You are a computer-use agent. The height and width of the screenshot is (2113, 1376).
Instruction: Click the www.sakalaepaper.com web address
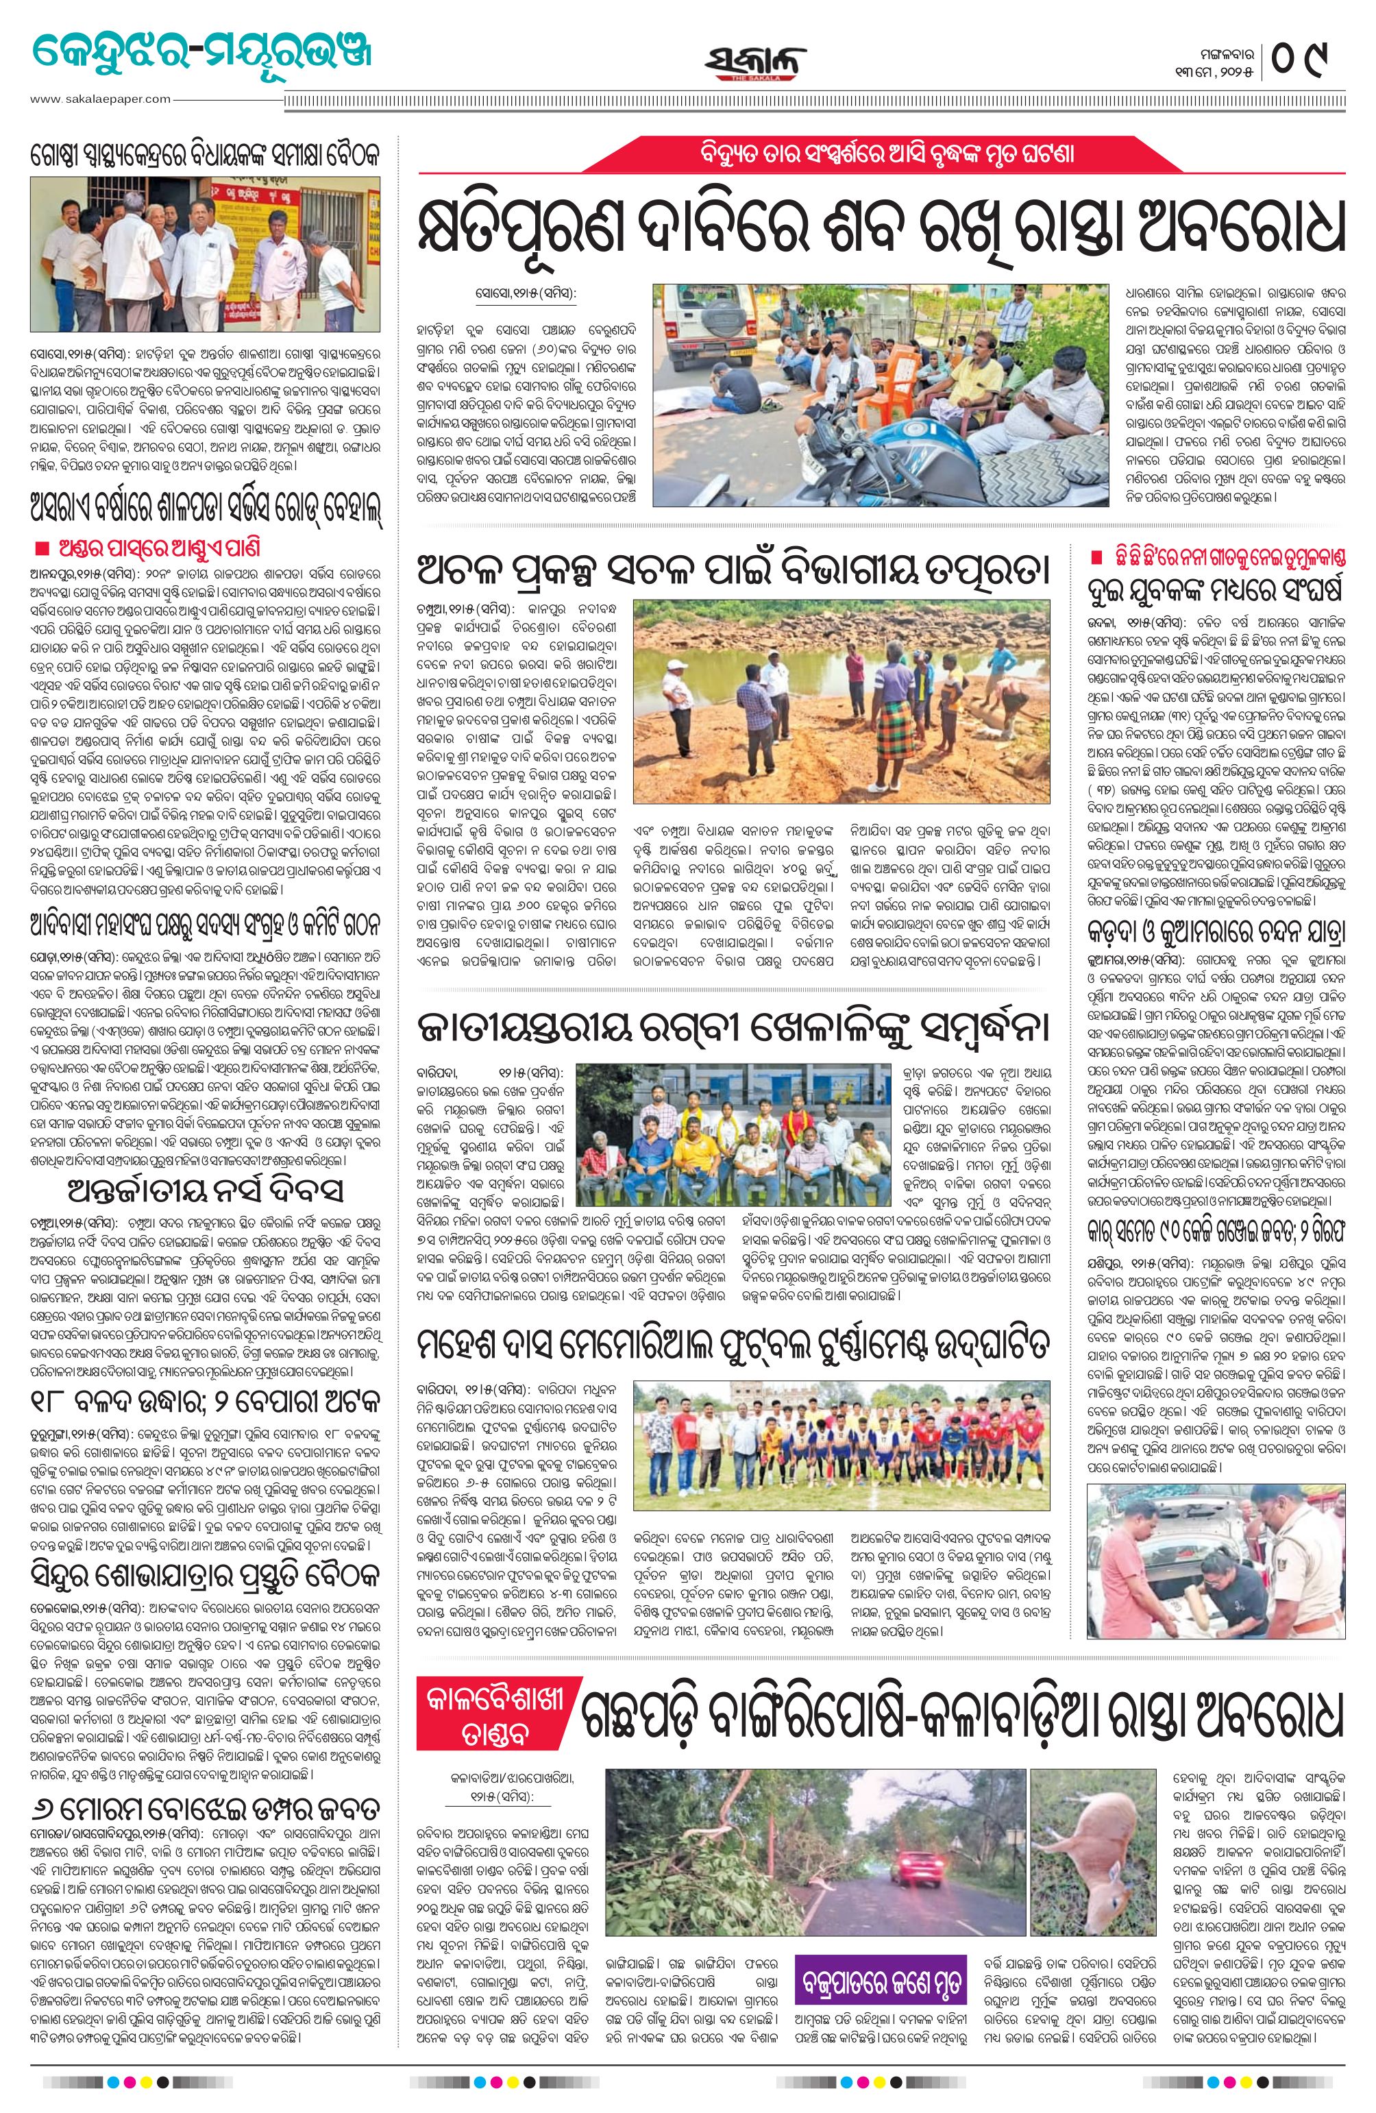coord(99,99)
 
